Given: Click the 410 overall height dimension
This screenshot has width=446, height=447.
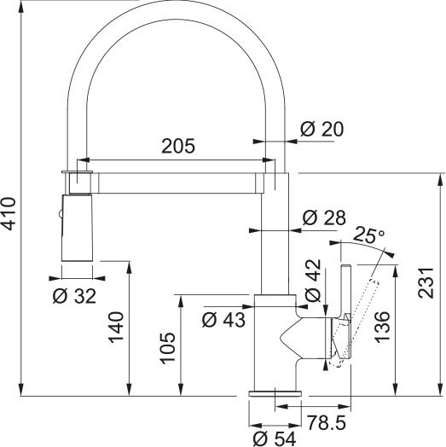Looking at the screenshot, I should (x=9, y=214).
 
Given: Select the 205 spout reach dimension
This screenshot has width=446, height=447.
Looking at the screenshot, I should (x=178, y=145).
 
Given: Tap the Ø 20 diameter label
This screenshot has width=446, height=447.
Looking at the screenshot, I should (x=321, y=129).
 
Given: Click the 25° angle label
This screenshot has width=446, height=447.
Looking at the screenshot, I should (x=369, y=235).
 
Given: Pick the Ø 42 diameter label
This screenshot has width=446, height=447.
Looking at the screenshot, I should (x=312, y=282).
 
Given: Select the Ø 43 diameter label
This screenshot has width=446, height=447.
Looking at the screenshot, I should (x=223, y=320).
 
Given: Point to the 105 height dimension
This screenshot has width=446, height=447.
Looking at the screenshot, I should (x=168, y=348).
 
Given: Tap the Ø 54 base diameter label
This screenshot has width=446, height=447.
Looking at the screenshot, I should (x=275, y=438).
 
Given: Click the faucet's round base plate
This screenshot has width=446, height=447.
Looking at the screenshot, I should (x=274, y=393).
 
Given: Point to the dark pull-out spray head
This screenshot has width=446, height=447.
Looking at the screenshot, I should (x=75, y=226).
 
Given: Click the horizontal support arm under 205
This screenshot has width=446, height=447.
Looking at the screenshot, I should (x=179, y=180).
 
